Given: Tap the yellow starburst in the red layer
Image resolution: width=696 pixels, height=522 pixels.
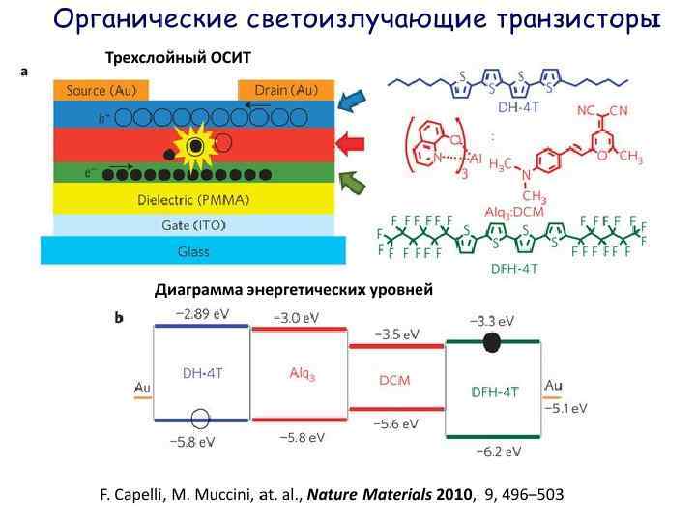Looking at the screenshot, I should (196, 145).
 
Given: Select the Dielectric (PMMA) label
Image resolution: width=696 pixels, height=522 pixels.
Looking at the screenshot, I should (193, 200).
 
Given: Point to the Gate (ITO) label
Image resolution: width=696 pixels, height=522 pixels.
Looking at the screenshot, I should (193, 224).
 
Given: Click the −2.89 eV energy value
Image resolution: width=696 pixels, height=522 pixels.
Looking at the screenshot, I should (202, 314).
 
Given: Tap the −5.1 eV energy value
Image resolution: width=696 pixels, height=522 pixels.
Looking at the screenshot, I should (565, 408).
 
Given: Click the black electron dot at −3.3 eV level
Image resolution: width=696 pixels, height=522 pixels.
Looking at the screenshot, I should (493, 340).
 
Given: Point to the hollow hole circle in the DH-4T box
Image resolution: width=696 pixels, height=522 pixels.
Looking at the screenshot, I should (200, 419).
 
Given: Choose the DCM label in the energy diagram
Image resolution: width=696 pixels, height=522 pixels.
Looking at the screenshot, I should (394, 380).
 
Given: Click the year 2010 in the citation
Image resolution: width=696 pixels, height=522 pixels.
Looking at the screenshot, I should (449, 494).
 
